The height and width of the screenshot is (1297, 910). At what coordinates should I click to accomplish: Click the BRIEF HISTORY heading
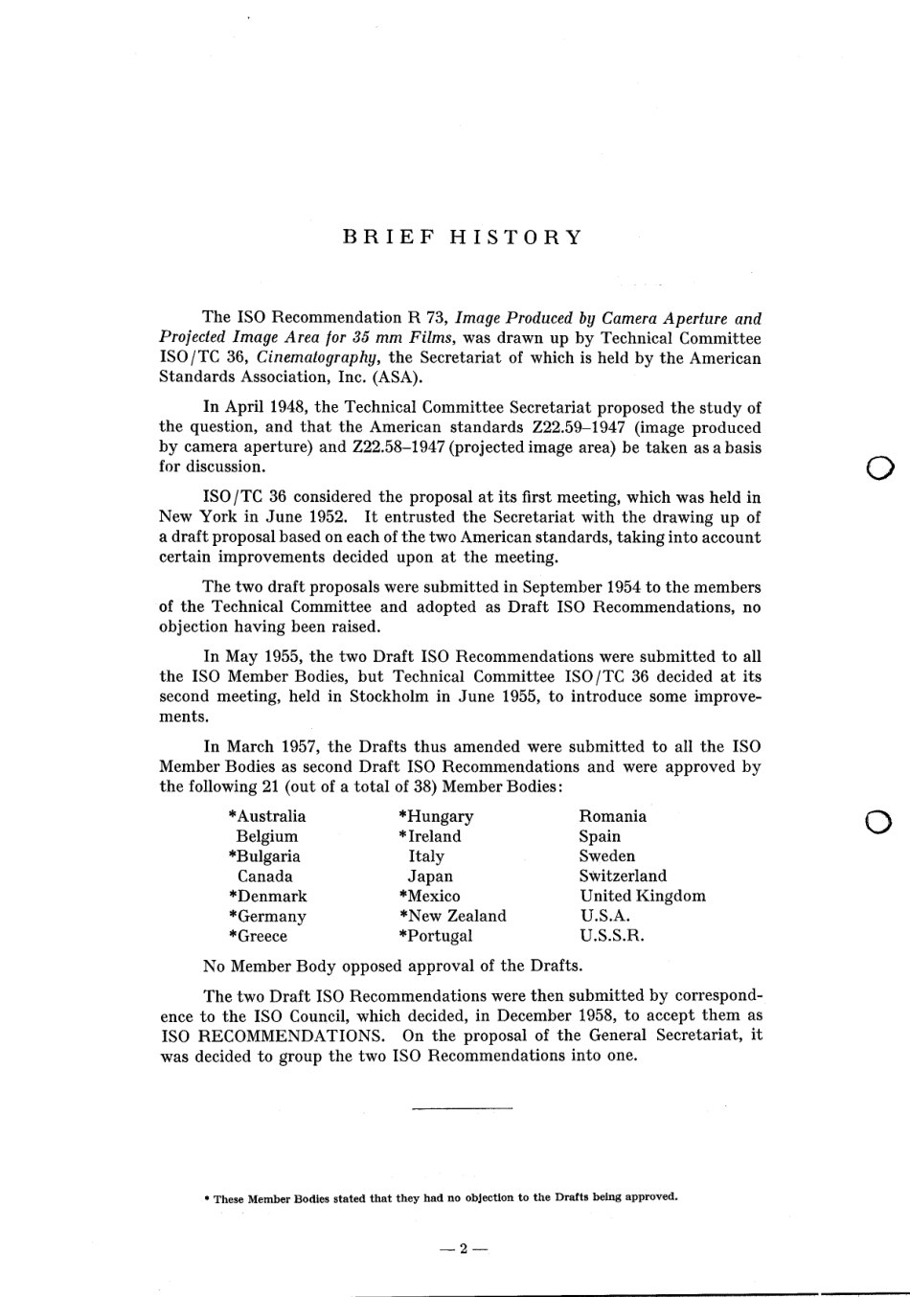[463, 238]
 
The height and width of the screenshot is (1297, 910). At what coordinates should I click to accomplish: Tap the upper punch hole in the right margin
[879, 467]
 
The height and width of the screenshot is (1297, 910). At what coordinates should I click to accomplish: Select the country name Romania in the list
[612, 816]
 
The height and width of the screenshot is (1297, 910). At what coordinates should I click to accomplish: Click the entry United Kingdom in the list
[642, 896]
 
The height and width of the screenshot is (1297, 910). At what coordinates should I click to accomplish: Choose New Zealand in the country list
[457, 916]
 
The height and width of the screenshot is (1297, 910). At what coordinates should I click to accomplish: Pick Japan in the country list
[430, 876]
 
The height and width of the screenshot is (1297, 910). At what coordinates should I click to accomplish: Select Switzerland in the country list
[623, 876]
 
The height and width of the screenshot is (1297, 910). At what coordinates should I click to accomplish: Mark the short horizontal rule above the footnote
[462, 1108]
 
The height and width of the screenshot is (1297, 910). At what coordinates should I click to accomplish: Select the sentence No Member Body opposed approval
[393, 966]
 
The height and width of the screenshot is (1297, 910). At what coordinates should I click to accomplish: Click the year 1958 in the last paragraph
[603, 1015]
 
